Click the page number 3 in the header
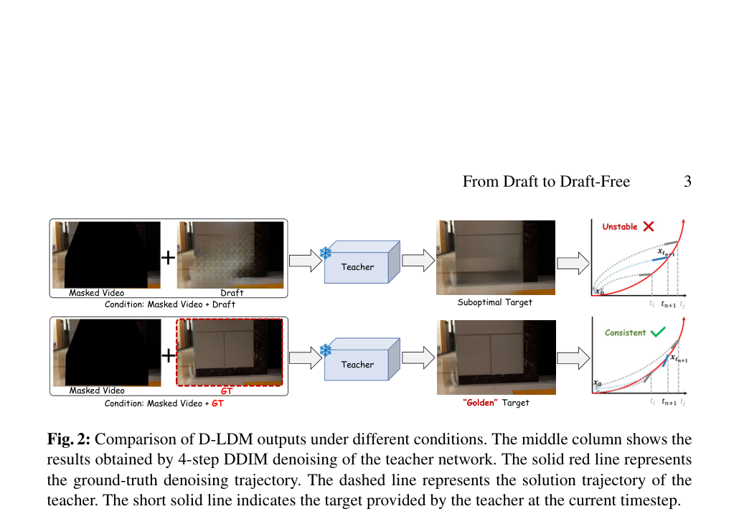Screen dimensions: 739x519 point(687,182)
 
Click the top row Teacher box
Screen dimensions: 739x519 point(362,262)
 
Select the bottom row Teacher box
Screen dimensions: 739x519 point(362,359)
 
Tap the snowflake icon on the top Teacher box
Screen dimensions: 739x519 point(326,253)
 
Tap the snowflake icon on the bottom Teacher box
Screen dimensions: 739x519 point(326,350)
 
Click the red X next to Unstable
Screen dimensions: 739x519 point(649,226)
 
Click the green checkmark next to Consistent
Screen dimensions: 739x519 point(658,332)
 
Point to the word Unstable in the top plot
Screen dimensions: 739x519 point(620,227)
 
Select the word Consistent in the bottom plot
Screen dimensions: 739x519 point(625,333)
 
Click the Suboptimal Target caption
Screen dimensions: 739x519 point(495,303)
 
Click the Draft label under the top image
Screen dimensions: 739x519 point(232,293)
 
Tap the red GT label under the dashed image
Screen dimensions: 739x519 point(226,391)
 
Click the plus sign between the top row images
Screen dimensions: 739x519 point(169,258)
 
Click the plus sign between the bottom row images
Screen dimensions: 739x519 point(169,355)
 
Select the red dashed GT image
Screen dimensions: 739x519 point(230,352)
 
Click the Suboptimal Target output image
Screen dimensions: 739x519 point(496,258)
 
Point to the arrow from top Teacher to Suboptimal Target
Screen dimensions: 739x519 point(418,261)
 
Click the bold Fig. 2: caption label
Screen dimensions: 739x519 point(68,439)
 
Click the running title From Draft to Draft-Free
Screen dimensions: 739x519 point(546,182)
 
